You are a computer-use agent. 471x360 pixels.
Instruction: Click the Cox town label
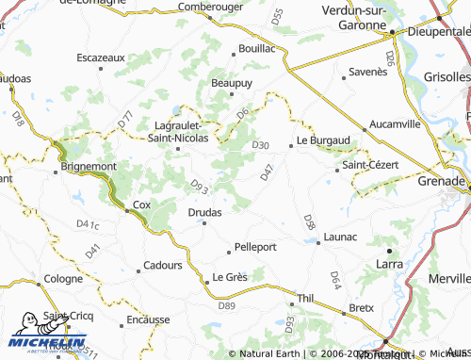tap(141, 205)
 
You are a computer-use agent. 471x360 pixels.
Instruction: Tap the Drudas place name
tap(204, 212)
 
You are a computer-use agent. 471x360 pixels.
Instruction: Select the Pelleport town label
tap(254, 247)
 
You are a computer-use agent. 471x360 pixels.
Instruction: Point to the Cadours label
tap(163, 266)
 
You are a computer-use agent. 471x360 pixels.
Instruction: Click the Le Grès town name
tap(229, 277)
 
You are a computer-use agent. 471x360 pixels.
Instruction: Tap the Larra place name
tap(389, 265)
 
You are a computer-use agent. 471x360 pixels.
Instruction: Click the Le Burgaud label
tap(323, 140)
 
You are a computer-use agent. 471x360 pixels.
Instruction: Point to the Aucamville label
tap(396, 123)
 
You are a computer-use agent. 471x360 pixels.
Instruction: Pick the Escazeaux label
tap(101, 57)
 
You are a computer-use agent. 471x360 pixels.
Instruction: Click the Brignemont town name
tap(89, 166)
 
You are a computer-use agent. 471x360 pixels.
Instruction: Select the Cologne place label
tap(64, 279)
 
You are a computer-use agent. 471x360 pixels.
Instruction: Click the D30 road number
tap(261, 145)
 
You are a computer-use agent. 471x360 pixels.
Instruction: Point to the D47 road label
tap(268, 172)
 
